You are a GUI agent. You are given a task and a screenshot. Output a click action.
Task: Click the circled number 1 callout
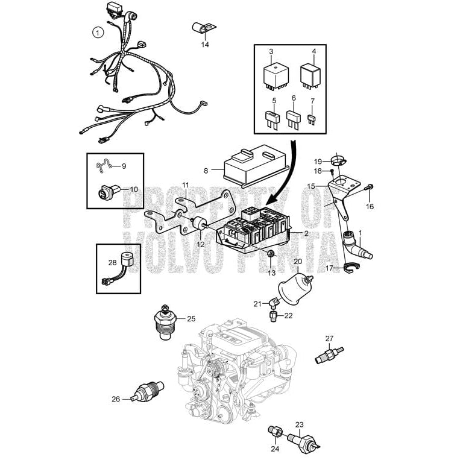tap(98, 33)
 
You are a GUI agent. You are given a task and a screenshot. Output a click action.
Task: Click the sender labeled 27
tap(328, 354)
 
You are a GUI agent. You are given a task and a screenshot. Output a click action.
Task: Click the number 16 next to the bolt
tap(370, 206)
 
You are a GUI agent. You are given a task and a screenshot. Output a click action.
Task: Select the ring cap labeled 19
tap(338, 161)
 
